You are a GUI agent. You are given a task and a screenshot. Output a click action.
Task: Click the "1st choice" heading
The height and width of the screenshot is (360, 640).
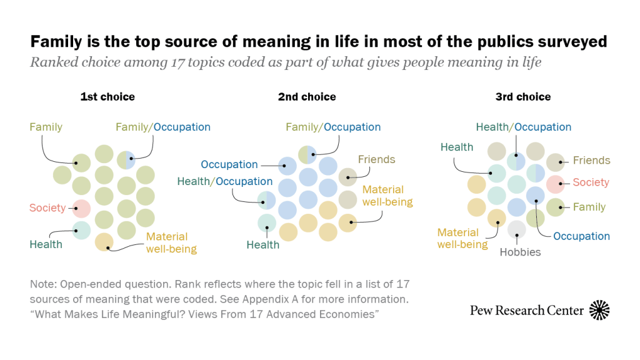click(x=107, y=97)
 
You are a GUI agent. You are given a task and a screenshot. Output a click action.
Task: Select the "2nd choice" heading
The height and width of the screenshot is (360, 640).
click(x=307, y=97)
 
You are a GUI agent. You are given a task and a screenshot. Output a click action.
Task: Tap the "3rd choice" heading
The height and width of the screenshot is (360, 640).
click(x=523, y=97)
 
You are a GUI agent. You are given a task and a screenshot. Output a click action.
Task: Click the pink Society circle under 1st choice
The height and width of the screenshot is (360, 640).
click(x=82, y=208)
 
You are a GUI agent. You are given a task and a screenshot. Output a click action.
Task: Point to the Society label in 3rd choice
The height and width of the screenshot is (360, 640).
click(x=591, y=182)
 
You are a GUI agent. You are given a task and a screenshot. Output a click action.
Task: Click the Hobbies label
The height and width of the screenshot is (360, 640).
click(x=520, y=252)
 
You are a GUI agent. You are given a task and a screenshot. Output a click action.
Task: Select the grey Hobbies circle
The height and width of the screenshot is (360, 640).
click(x=517, y=229)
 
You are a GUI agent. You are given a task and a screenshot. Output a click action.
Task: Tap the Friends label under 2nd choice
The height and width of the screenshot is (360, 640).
click(x=377, y=159)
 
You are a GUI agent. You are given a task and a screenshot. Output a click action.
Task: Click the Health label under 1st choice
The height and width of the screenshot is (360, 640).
click(x=46, y=244)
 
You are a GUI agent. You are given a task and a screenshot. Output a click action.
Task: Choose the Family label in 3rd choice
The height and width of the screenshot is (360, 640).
click(x=589, y=207)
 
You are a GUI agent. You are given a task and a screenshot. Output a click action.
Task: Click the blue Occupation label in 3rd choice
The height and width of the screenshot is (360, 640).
click(x=581, y=236)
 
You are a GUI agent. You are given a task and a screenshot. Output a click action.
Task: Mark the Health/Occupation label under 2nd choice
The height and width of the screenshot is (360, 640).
click(x=225, y=181)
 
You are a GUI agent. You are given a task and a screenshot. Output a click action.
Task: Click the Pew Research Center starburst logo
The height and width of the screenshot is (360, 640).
click(x=599, y=310)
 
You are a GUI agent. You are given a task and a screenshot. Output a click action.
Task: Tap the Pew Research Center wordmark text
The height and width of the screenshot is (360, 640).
click(x=527, y=311)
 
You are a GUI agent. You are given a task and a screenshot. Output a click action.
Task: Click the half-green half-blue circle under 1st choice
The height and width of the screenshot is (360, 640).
click(x=126, y=159)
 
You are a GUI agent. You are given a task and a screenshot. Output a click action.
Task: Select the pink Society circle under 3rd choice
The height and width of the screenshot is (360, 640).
click(x=555, y=184)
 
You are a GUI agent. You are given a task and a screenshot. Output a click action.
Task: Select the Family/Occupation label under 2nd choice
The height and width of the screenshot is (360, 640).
click(x=333, y=127)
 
